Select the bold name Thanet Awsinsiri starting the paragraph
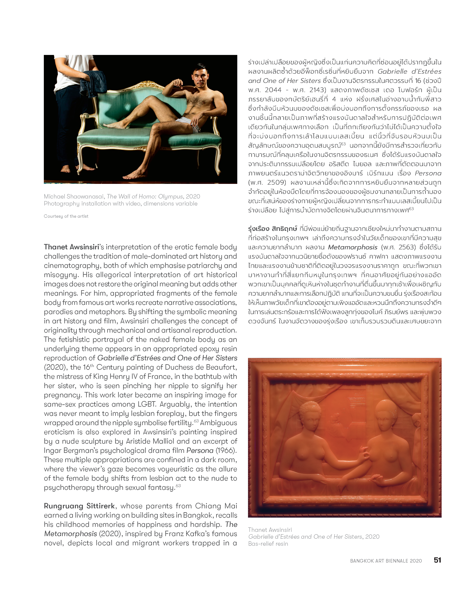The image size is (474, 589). coord(71,247)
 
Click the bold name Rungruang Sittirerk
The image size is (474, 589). coord(79,506)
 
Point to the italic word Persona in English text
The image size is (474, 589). coord(200,450)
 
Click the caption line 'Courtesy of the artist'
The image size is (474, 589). coord(66,216)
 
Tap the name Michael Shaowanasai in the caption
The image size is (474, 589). coord(74,196)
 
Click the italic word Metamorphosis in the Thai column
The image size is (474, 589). coord(352,247)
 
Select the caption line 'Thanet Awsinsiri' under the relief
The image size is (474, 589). coord(270,530)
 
